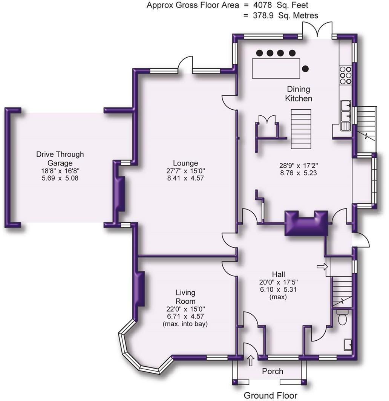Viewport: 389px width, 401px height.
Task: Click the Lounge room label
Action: [185, 163]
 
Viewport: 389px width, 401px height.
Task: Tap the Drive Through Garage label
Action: [60, 159]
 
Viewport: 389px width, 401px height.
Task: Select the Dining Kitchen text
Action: [299, 94]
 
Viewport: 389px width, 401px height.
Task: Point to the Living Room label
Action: [185, 297]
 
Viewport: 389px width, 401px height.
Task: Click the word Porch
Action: [273, 371]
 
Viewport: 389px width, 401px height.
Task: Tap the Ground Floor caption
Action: [270, 395]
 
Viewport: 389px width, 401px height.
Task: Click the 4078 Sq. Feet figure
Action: [280, 5]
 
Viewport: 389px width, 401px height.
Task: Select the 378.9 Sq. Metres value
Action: [285, 15]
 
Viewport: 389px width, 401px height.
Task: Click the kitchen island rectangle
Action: [276, 68]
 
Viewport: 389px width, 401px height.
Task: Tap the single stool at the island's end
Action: [305, 69]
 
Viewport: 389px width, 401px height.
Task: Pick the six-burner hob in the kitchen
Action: [345, 75]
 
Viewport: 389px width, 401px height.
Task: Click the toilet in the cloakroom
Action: [342, 317]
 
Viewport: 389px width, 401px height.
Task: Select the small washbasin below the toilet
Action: [348, 345]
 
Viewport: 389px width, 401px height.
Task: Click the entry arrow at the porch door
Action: [251, 360]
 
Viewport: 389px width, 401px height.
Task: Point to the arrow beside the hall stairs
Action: [322, 267]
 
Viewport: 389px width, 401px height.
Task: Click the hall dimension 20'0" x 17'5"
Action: [278, 282]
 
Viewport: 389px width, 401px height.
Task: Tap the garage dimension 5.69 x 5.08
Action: [60, 178]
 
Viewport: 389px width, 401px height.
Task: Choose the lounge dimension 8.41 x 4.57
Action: [185, 178]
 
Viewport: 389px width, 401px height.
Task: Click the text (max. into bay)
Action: [185, 324]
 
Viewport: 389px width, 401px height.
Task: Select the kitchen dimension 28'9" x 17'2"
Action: [298, 165]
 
